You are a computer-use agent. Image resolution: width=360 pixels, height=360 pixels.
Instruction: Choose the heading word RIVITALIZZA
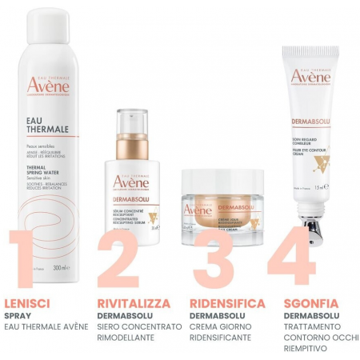point(134,304)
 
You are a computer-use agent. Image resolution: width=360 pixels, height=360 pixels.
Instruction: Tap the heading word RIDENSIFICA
point(227,304)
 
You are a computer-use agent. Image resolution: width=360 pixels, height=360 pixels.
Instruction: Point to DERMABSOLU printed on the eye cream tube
point(308,121)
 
